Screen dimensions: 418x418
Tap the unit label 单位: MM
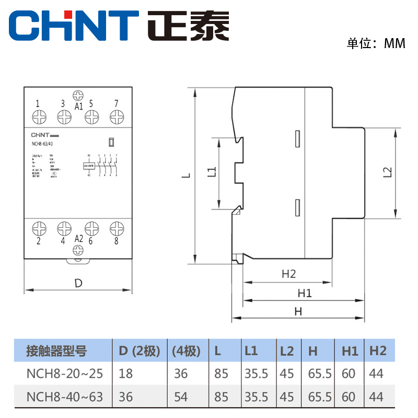376,44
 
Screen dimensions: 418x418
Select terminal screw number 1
38,117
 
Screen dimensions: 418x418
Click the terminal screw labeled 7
116,117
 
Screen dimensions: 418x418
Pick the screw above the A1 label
78,96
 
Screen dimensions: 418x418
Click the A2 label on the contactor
78,239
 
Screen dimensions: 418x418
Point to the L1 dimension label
211,173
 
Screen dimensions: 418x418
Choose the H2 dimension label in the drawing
288,273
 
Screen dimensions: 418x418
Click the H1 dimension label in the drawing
304,293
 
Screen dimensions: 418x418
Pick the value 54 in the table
181,397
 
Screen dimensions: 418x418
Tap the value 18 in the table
126,374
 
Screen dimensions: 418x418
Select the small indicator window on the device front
111,142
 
